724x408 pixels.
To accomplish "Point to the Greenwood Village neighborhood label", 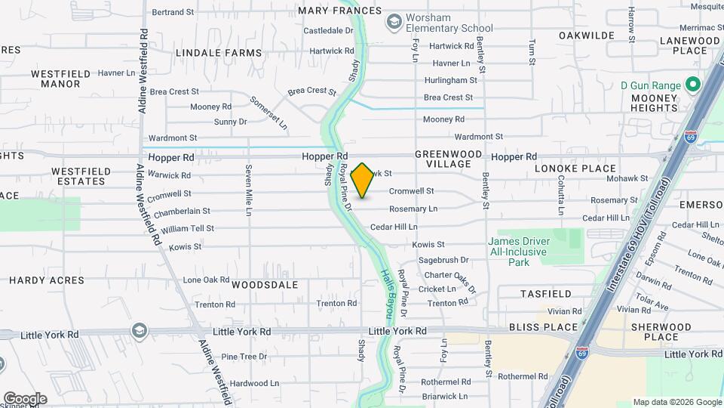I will tap(449, 159).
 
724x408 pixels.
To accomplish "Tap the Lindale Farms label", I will tap(219, 54).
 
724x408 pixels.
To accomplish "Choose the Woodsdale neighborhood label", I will tap(265, 286).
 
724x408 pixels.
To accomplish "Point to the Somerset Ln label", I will tap(268, 111).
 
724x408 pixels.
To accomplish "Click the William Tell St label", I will tap(187, 228).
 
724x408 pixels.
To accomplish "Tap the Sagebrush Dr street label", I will tap(443, 260).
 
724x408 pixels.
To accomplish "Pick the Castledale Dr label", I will tap(328, 31).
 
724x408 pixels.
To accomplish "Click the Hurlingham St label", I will tap(451, 80).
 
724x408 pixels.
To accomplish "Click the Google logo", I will tap(25, 398).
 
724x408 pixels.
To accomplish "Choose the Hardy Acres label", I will tap(47, 280).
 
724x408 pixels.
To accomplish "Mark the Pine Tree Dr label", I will tap(244, 357).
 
